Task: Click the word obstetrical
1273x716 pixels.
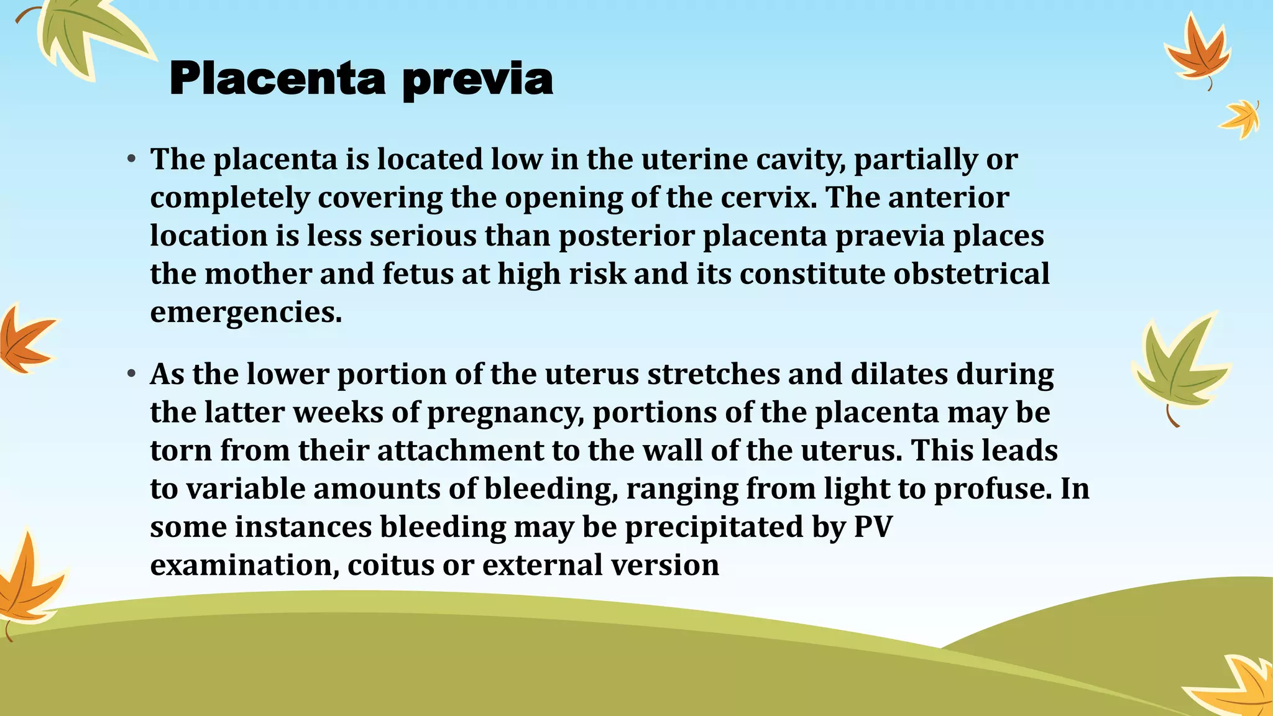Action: point(972,274)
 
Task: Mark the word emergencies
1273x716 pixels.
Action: point(246,313)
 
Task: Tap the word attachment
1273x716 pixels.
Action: point(461,451)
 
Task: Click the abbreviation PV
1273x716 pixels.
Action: point(873,527)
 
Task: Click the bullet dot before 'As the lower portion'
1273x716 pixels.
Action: point(131,374)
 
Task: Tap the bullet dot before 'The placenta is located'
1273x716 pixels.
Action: point(131,160)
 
